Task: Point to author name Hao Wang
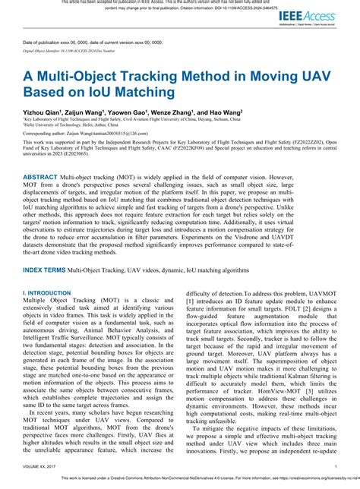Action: [x=226, y=111]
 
